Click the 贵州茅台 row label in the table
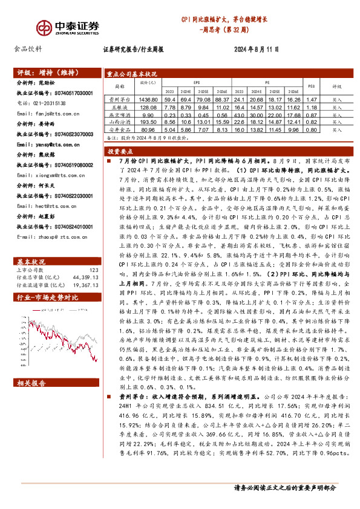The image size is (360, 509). pos(119,99)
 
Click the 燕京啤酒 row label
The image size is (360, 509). pos(119,114)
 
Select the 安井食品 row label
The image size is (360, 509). pos(119,129)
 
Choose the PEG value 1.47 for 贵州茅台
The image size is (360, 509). pos(312,99)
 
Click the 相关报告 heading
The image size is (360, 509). pos(31,383)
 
